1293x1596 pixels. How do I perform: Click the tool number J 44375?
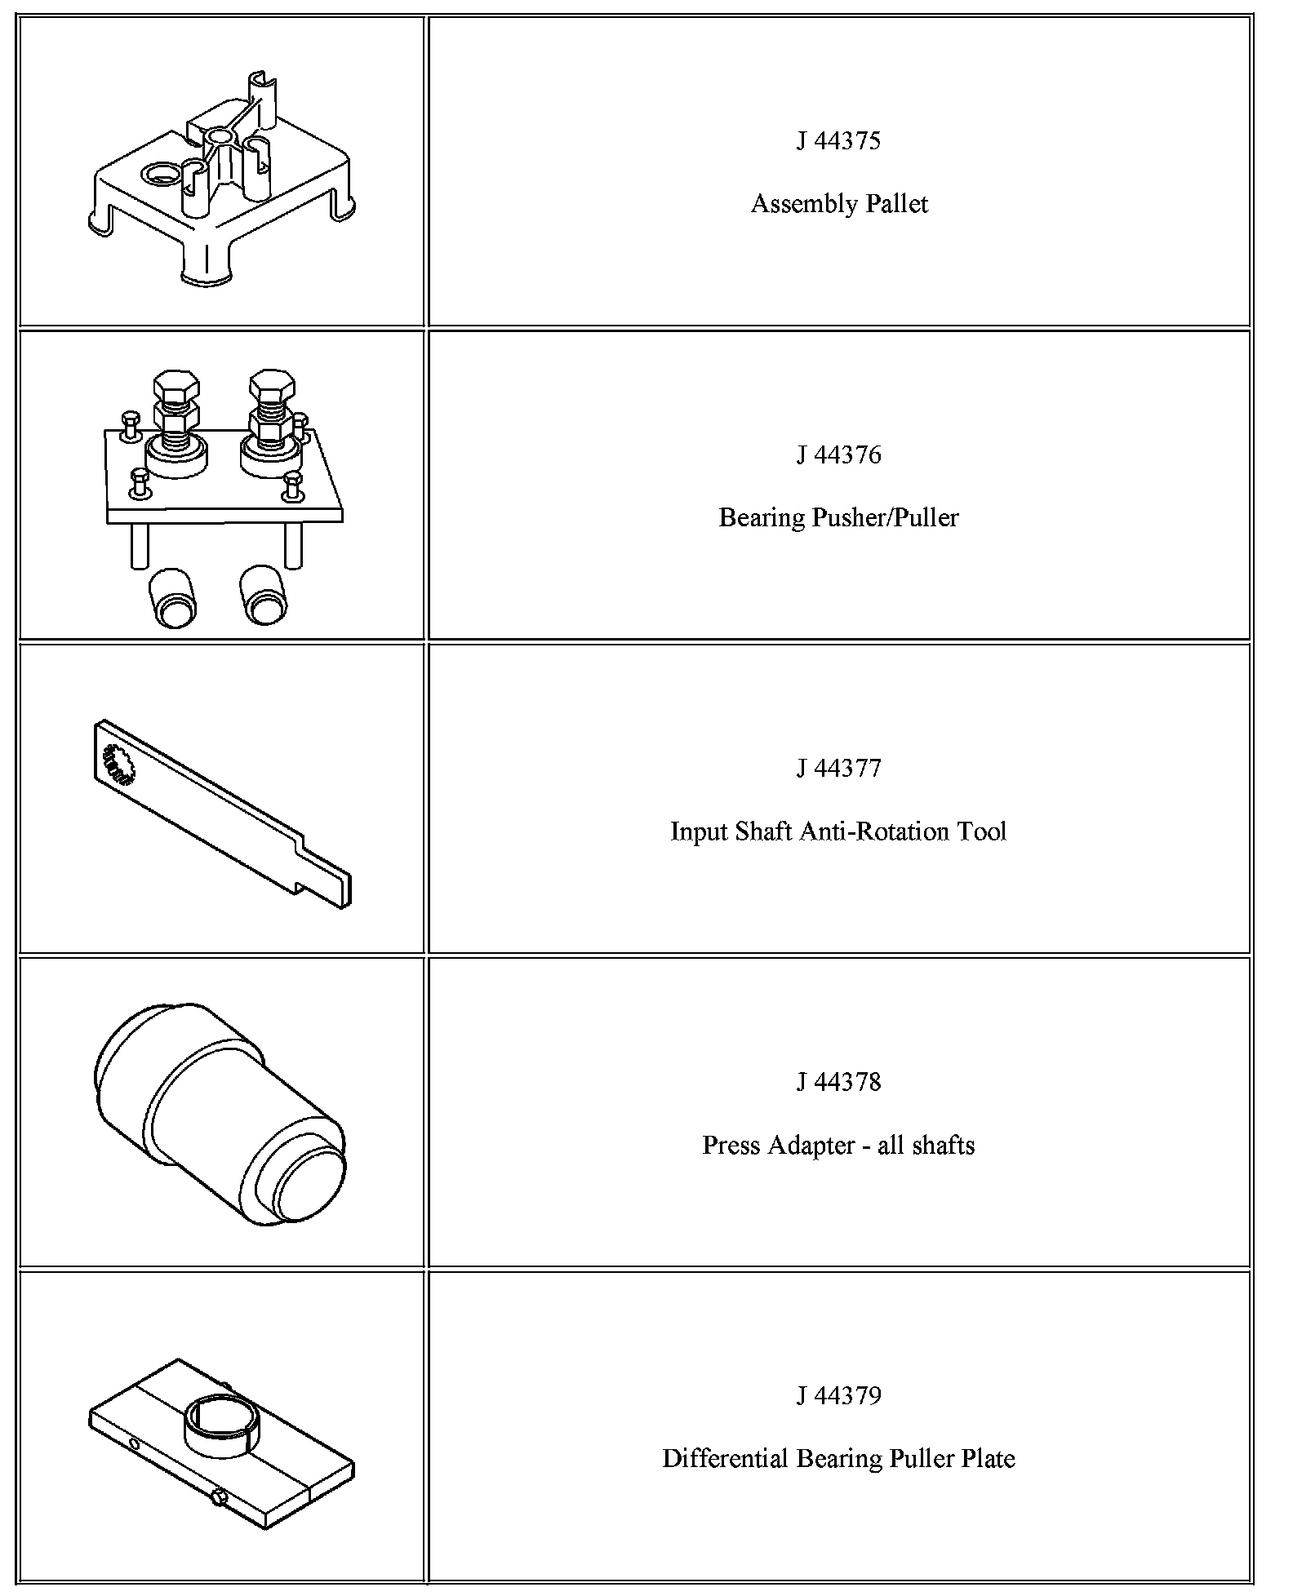pyautogui.click(x=838, y=141)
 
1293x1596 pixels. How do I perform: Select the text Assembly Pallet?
pyautogui.click(x=838, y=203)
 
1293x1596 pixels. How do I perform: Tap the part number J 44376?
pyautogui.click(x=838, y=454)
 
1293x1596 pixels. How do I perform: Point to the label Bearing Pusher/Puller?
pyautogui.click(x=838, y=517)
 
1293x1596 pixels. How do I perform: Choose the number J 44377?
pyautogui.click(x=838, y=768)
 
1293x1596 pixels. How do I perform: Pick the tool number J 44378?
pyautogui.click(x=838, y=1082)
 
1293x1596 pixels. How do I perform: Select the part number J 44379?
pyautogui.click(x=838, y=1395)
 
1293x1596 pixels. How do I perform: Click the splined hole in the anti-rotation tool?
pyautogui.click(x=116, y=764)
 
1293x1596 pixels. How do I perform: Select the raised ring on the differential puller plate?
pyautogui.click(x=220, y=1426)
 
